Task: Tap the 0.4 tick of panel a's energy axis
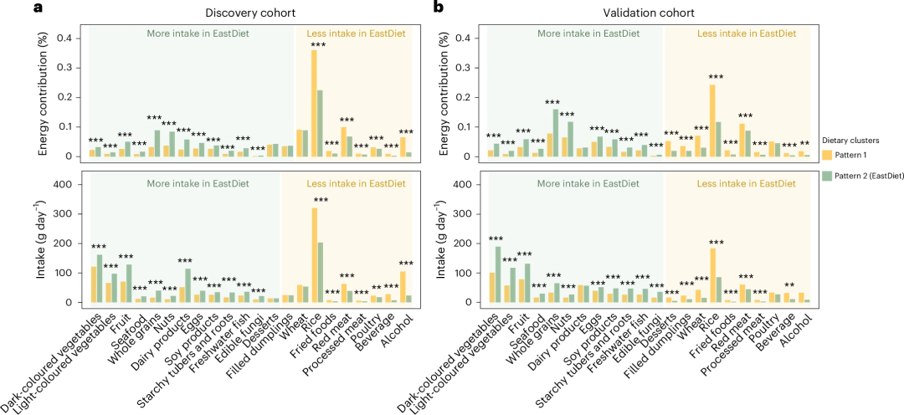69,38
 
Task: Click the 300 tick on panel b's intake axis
468,214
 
